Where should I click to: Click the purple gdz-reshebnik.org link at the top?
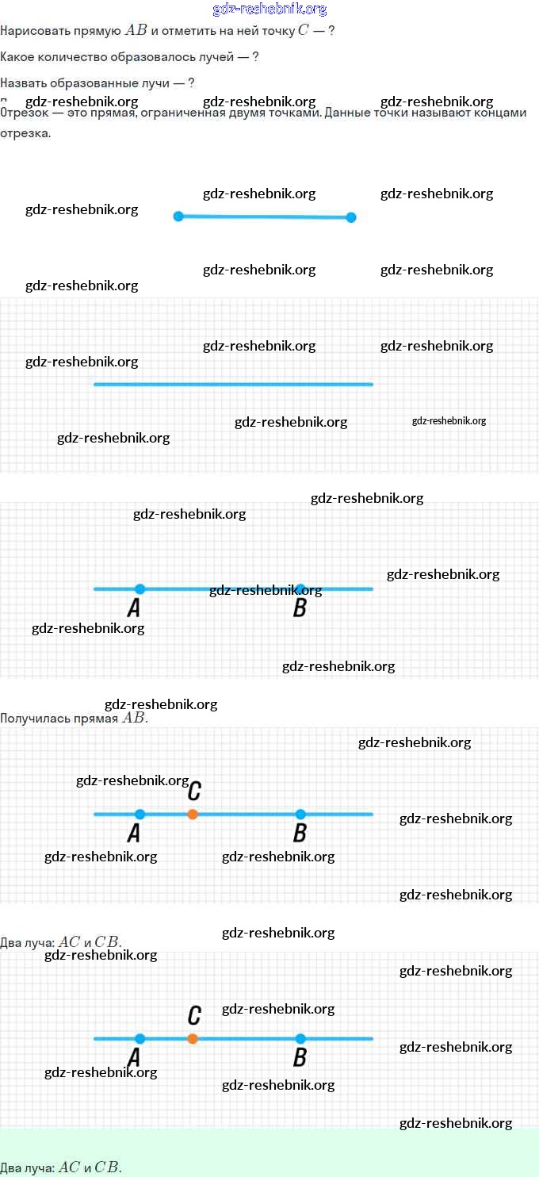click(x=269, y=10)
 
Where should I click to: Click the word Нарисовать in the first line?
click(x=31, y=31)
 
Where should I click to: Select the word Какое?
click(x=17, y=57)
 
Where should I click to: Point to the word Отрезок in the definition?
click(x=25, y=113)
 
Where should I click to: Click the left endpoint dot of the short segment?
click(x=178, y=216)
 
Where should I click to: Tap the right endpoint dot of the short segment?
click(x=351, y=217)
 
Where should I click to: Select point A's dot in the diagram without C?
click(x=140, y=588)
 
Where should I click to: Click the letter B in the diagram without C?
click(x=300, y=608)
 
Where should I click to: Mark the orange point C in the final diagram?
click(x=193, y=1038)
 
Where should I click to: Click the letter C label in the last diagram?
click(x=194, y=1015)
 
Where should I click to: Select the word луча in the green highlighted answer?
click(x=40, y=1167)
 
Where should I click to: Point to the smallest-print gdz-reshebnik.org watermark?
click(x=449, y=421)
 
